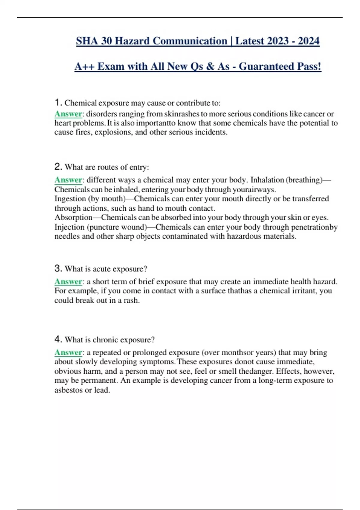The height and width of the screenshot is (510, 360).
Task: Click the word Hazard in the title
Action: point(133,41)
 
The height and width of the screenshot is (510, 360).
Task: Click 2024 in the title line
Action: point(308,41)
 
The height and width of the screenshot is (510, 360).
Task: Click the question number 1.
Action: point(58,103)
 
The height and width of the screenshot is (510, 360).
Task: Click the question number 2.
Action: point(58,166)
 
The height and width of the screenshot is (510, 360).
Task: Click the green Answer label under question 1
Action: point(68,114)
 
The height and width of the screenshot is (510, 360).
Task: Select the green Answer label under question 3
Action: point(68,282)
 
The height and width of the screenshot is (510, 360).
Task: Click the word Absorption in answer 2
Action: point(73,217)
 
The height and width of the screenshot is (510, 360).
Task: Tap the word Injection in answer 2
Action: point(69,227)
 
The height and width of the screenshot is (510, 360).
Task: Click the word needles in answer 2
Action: point(67,236)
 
